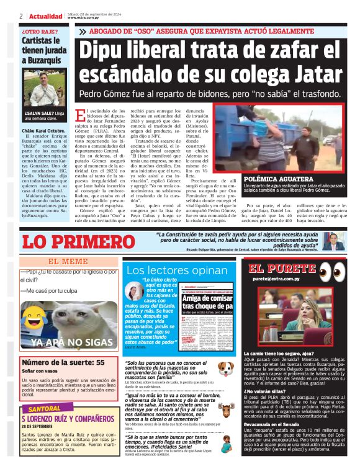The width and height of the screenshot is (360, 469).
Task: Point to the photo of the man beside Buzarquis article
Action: (44, 89)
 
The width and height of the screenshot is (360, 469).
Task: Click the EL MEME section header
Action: (68, 262)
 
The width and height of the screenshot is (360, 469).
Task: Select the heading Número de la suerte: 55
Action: (63, 362)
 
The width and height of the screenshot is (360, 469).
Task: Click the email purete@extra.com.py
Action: (276, 279)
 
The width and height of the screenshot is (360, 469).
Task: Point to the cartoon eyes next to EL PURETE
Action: (332, 270)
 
